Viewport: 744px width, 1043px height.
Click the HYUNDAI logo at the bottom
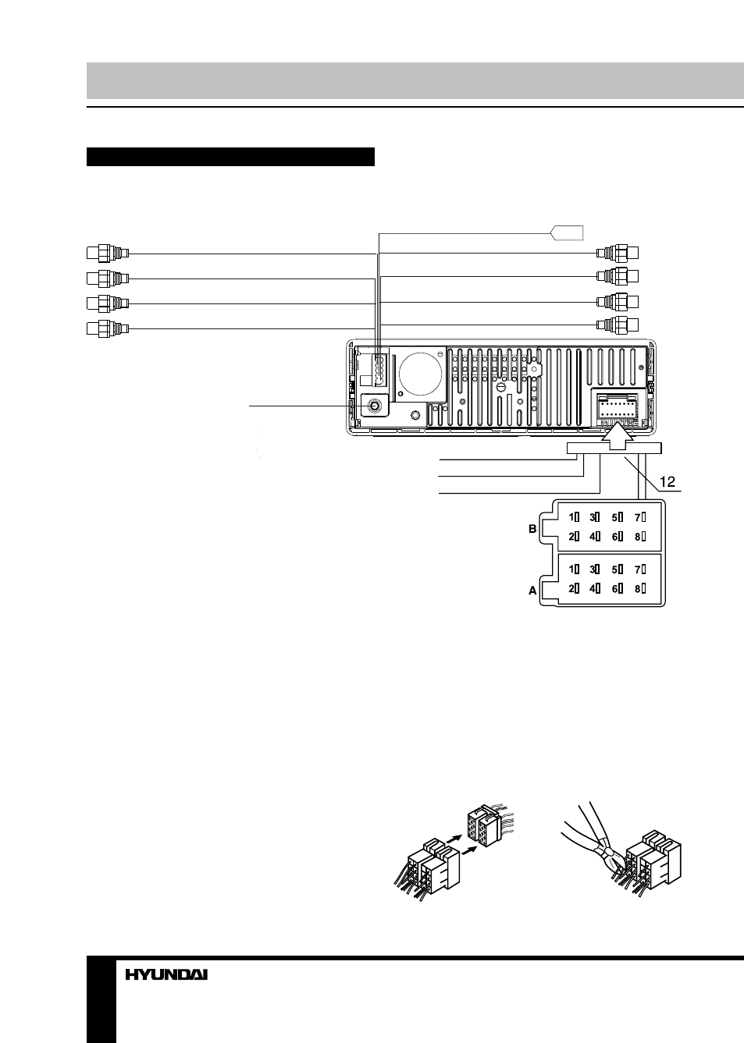pos(166,974)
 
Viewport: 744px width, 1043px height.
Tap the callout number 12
pos(667,481)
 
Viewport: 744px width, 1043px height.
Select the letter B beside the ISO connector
pos(532,529)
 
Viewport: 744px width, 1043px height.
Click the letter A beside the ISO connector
pos(532,591)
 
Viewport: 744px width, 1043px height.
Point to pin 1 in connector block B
pos(574,517)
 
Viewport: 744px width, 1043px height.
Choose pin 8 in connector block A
pos(640,588)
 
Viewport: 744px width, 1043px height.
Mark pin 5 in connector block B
pos(618,517)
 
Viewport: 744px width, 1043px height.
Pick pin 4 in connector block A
pos(594,588)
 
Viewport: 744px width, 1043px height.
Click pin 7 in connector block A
pos(640,569)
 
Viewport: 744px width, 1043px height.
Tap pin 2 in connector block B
pos(574,537)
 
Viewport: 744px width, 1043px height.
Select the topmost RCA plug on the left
pos(108,253)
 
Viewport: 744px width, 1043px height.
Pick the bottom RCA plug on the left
pos(108,328)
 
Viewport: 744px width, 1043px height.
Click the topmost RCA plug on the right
pos(618,253)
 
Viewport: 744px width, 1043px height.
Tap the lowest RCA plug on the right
pos(618,325)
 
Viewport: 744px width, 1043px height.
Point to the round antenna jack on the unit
pos(375,406)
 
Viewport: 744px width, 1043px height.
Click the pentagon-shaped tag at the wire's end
pos(567,232)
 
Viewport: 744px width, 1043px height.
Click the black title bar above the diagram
pos(230,157)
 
